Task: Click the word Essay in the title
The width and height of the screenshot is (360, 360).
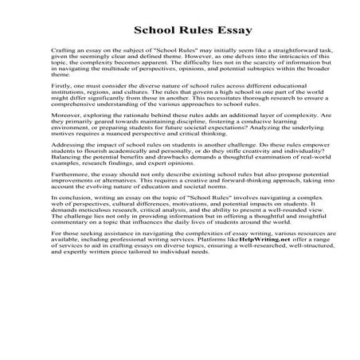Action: pos(230,31)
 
